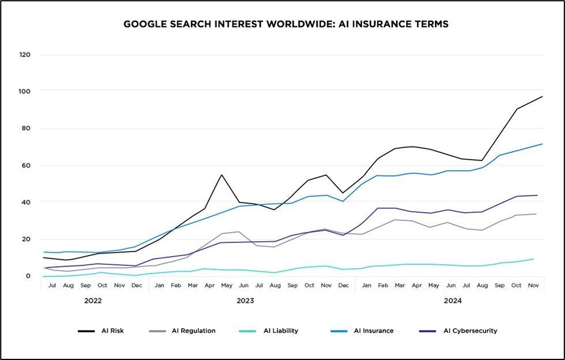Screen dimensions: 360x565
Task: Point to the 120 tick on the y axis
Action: click(24, 55)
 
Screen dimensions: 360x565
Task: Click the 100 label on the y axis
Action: click(24, 91)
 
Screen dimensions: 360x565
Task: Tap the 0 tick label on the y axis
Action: click(27, 276)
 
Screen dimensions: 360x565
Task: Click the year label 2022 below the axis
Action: click(93, 301)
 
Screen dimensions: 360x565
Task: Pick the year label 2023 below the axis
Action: click(245, 301)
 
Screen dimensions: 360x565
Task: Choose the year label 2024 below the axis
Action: click(452, 301)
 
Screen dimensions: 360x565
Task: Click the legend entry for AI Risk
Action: click(101, 331)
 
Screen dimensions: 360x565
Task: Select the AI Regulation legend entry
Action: click(182, 331)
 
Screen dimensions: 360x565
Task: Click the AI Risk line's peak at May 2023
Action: click(222, 175)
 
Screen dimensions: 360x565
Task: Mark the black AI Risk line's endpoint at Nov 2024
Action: click(542, 96)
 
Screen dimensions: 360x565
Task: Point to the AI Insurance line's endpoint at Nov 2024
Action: click(542, 144)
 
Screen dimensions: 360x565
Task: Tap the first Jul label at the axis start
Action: click(53, 285)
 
